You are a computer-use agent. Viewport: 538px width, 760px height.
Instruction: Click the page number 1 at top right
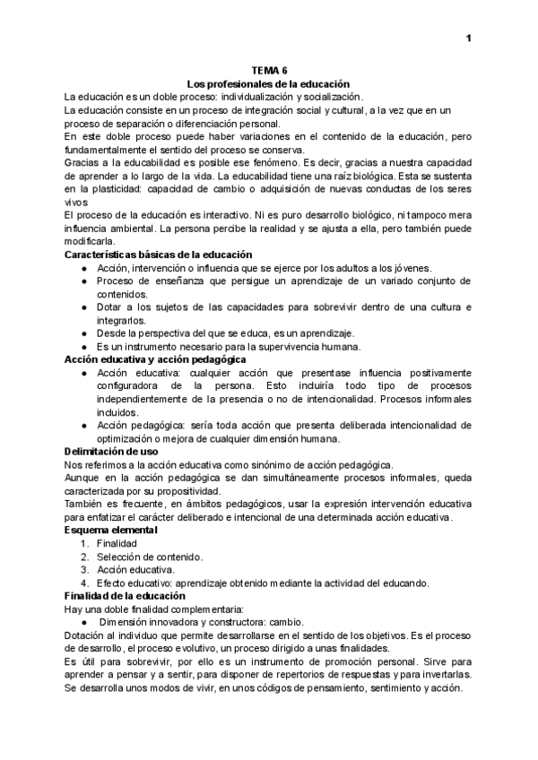468,39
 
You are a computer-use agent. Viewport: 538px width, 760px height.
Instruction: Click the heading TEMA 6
268,71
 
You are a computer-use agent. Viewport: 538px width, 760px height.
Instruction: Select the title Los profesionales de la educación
268,83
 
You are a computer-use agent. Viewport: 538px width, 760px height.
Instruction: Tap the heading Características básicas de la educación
158,255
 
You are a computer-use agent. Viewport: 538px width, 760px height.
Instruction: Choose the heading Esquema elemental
112,531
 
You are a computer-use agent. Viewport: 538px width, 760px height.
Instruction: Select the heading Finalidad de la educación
125,595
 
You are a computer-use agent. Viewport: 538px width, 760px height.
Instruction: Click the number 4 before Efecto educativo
83,583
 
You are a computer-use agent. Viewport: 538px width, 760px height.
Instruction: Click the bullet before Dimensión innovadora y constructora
83,621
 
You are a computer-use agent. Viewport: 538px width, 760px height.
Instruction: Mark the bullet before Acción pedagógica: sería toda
83,426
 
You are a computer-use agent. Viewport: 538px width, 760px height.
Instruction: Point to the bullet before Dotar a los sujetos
83,307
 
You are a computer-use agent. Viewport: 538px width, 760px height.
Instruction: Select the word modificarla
90,242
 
